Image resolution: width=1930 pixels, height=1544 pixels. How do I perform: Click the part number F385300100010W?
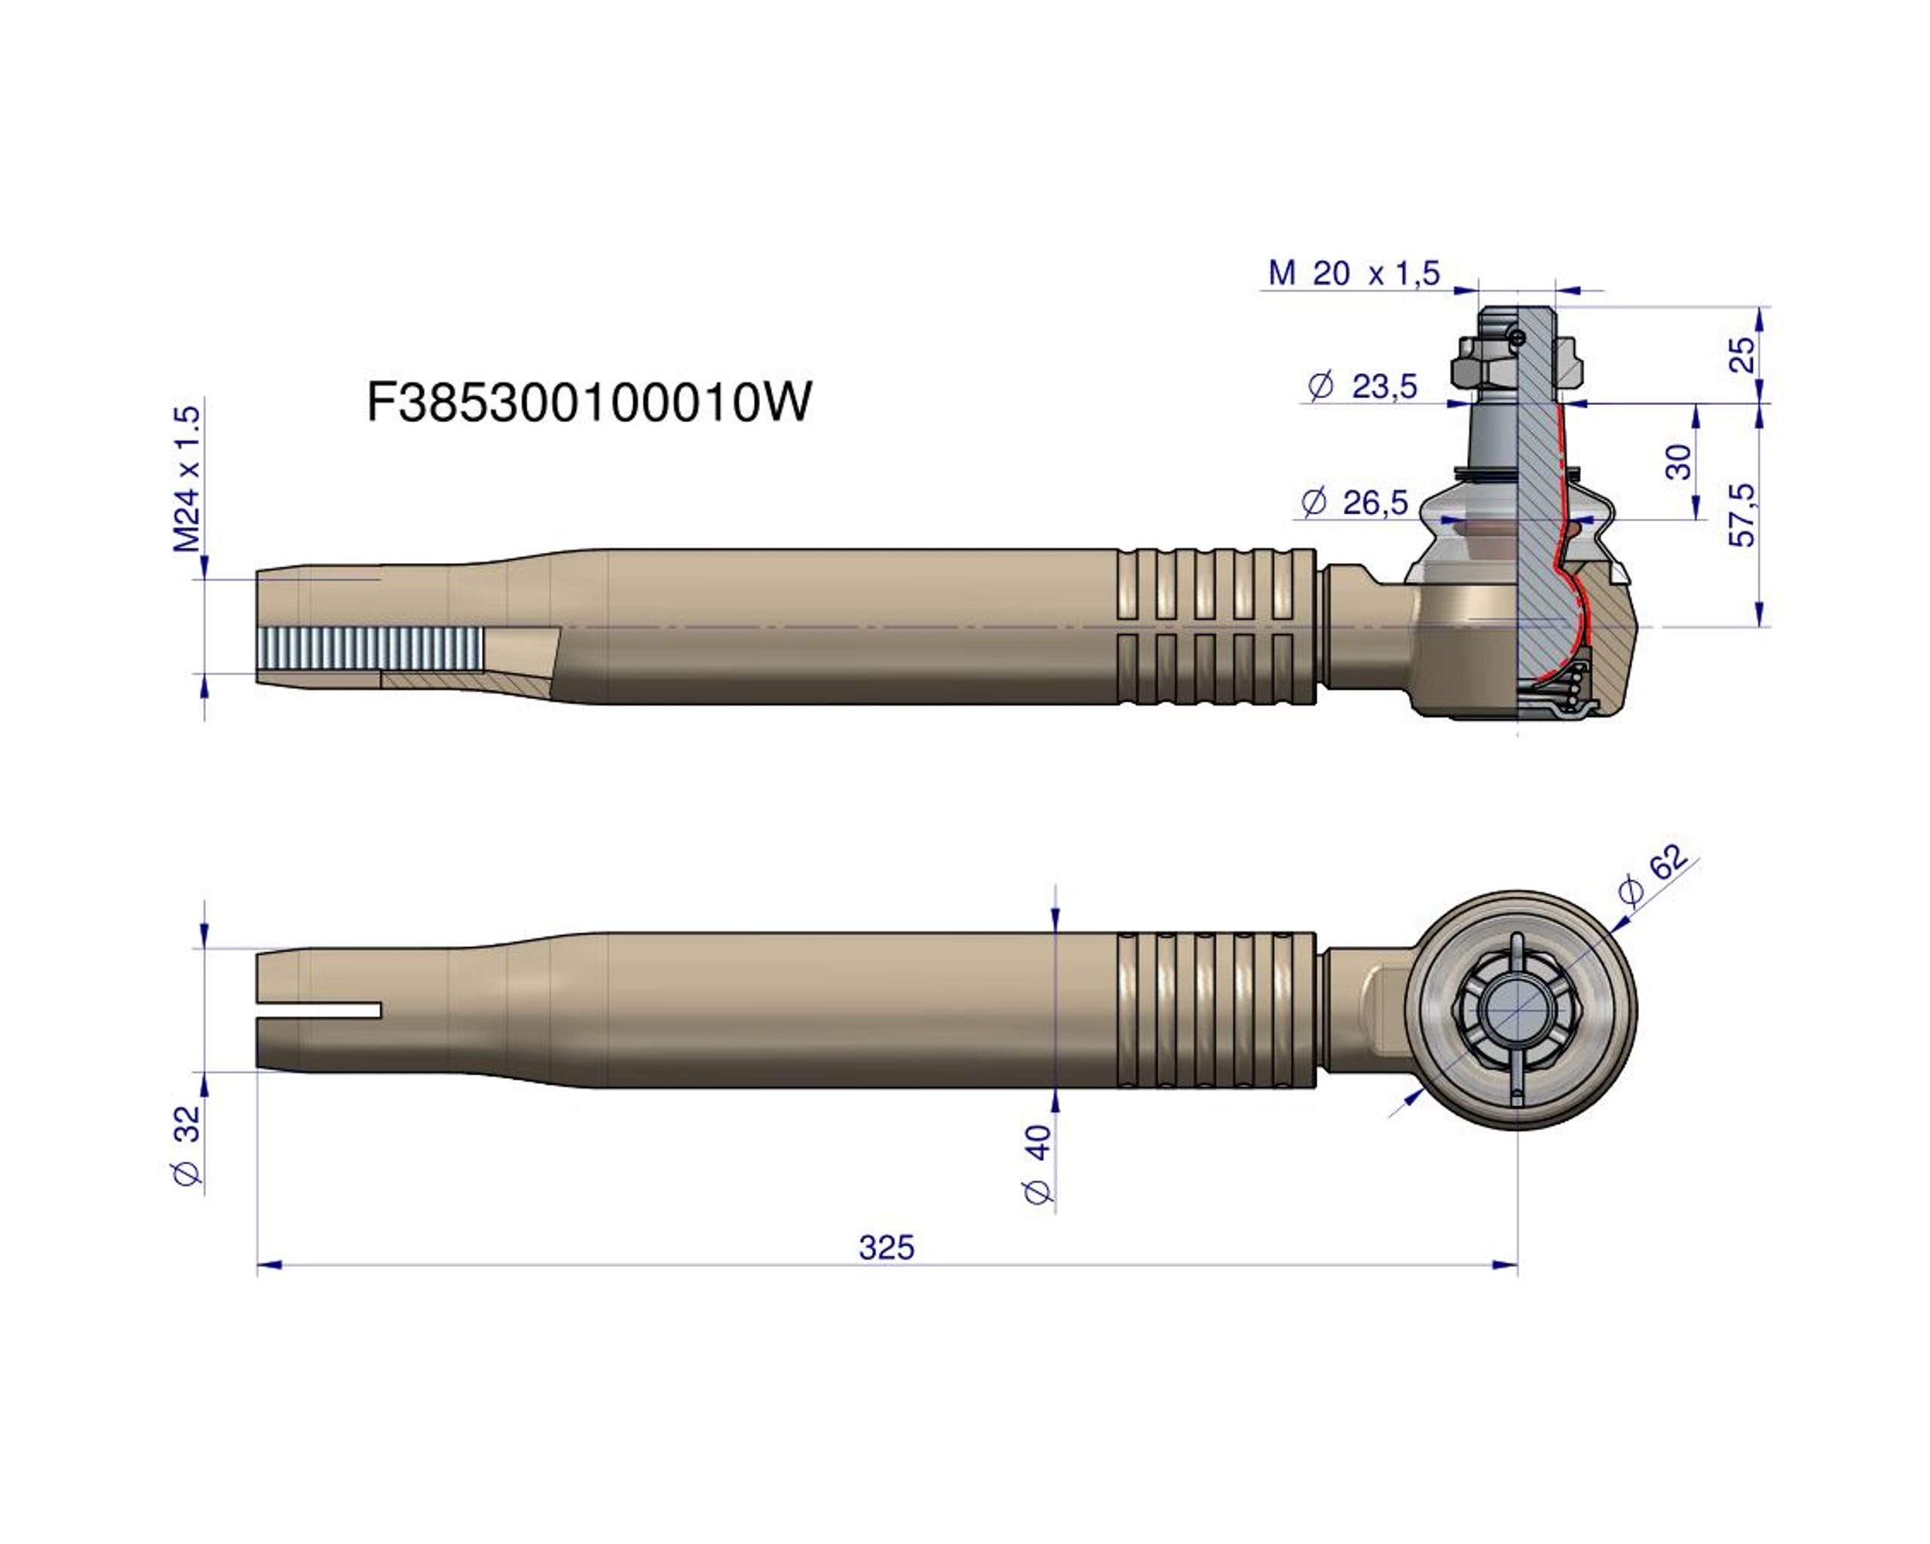point(589,402)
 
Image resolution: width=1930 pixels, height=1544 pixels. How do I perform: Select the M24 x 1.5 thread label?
point(188,479)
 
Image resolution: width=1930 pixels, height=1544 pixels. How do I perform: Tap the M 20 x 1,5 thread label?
point(1353,273)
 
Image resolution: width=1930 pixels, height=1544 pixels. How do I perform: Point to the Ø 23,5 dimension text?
point(1362,387)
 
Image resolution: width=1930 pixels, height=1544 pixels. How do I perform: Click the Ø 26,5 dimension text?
point(1356,503)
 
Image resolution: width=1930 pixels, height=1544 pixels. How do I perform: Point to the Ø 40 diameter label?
point(1037,1163)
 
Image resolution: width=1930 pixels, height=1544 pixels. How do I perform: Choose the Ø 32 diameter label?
point(187,1147)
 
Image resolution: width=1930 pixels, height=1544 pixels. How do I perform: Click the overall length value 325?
point(887,1248)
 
